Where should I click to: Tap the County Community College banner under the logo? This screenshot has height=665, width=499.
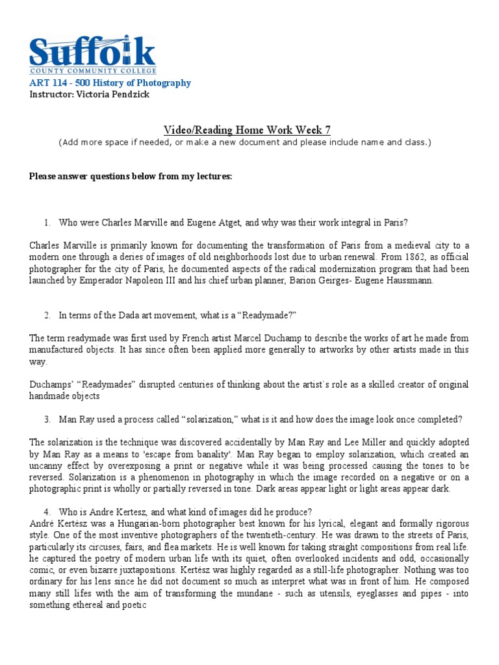pos(92,70)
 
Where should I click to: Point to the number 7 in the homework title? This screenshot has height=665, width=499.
pos(327,130)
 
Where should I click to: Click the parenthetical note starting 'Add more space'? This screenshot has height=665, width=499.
pos(244,142)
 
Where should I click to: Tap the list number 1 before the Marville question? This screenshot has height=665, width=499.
pos(47,223)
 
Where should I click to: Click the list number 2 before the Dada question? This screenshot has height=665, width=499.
pos(47,315)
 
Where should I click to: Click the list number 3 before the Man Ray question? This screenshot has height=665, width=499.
pos(47,419)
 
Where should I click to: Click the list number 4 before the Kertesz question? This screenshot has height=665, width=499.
pos(47,512)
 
